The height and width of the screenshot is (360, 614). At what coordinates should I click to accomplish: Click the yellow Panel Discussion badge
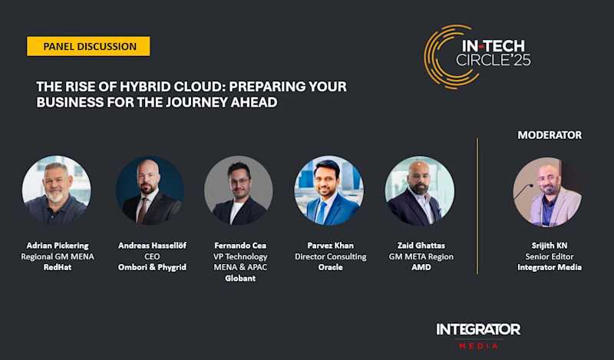(x=89, y=46)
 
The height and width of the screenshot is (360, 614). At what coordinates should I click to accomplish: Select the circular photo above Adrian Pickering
(x=56, y=190)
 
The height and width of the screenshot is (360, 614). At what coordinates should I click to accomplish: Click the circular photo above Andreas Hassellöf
(x=150, y=190)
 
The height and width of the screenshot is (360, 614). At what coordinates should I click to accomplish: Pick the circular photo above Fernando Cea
(x=239, y=190)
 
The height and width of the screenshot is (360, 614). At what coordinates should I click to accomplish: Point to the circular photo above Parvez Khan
(x=328, y=190)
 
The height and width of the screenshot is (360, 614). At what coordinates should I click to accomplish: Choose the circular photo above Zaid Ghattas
(x=419, y=190)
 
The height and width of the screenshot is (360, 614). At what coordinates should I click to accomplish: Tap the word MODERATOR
(x=550, y=135)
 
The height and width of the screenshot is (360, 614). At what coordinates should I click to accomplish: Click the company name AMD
(x=419, y=267)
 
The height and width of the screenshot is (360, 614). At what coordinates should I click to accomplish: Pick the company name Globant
(x=240, y=279)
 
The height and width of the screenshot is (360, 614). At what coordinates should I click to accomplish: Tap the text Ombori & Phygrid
(x=150, y=267)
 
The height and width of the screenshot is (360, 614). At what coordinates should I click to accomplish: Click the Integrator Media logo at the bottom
(x=478, y=334)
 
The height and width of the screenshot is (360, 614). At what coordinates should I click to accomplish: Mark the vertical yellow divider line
(x=477, y=205)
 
